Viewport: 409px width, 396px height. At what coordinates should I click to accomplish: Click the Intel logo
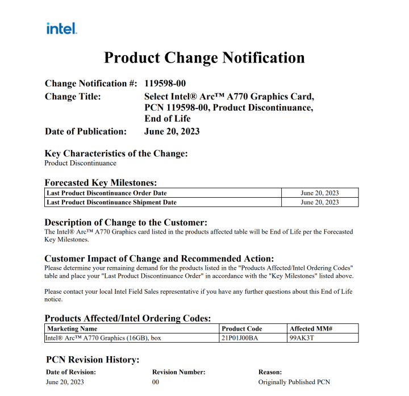click(61, 28)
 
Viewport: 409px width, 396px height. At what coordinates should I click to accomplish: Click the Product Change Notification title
click(204, 57)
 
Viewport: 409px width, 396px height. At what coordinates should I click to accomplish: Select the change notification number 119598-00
click(165, 84)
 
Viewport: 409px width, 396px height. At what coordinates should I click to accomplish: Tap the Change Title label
click(73, 97)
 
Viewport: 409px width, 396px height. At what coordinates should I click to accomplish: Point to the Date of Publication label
click(86, 131)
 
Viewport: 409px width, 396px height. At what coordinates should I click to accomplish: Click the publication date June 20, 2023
click(172, 131)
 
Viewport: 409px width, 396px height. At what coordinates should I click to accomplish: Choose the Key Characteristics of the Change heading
click(116, 153)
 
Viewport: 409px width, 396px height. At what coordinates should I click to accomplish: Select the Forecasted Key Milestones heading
click(101, 182)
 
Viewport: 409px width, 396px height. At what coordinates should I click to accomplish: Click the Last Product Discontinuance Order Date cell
click(107, 193)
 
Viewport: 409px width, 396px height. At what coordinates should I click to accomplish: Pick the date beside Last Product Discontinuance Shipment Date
click(319, 202)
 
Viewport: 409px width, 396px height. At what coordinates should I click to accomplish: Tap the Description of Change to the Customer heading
click(126, 222)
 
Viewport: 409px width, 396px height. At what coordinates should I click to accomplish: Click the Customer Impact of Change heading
click(159, 258)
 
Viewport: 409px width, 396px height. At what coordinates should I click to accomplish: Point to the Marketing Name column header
click(72, 328)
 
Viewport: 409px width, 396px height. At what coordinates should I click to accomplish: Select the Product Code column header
click(241, 328)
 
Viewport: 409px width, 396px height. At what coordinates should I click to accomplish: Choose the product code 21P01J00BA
click(240, 338)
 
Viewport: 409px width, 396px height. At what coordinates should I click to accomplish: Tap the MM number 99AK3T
click(301, 338)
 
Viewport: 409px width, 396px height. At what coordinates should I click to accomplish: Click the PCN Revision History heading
click(93, 360)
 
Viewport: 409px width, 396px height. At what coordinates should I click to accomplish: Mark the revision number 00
click(156, 382)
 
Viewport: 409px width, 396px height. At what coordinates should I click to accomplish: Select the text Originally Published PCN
click(294, 382)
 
